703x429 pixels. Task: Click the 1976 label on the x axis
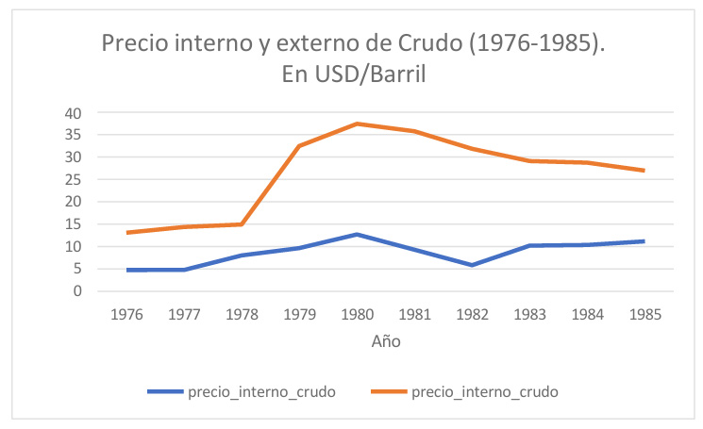(126, 313)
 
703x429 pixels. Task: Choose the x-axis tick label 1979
(299, 313)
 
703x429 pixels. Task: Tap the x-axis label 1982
(471, 313)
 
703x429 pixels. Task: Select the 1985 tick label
(644, 313)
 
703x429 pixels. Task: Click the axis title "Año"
(385, 341)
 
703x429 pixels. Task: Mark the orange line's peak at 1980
(357, 124)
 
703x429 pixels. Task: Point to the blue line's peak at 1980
(357, 234)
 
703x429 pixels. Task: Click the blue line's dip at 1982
(472, 265)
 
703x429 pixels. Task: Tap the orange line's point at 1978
(242, 224)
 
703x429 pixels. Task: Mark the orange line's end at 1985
(644, 171)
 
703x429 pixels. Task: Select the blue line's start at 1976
(126, 270)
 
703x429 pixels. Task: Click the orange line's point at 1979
(299, 146)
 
